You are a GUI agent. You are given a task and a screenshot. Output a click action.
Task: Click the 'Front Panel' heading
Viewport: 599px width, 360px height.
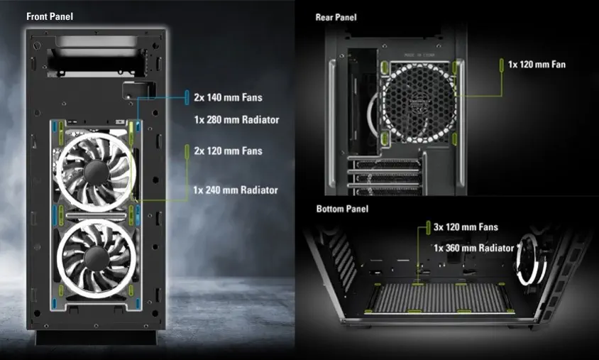(x=50, y=16)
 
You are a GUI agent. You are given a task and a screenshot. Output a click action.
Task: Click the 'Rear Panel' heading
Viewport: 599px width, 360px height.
(x=336, y=17)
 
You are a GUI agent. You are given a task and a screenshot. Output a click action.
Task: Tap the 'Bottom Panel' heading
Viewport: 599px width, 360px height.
(x=342, y=209)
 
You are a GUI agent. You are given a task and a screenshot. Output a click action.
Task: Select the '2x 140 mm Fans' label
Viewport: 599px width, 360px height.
(x=228, y=97)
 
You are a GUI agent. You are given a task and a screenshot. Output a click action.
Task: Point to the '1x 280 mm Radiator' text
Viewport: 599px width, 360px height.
(x=236, y=119)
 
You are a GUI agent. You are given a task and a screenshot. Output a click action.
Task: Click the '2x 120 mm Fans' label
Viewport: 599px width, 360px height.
(x=228, y=151)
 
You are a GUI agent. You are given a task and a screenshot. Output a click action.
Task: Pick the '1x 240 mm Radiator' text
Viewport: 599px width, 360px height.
(x=236, y=190)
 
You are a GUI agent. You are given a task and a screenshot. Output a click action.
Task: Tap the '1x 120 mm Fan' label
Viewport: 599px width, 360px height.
(x=537, y=64)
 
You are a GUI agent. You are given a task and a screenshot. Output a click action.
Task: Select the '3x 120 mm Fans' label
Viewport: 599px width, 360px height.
(x=466, y=227)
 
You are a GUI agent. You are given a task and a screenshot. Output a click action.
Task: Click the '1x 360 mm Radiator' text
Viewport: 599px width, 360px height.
(x=473, y=248)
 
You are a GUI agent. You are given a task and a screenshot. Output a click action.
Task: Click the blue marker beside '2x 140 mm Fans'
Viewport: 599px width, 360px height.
(x=187, y=97)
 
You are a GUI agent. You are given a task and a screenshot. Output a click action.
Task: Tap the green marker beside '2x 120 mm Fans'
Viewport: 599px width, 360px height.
(x=187, y=151)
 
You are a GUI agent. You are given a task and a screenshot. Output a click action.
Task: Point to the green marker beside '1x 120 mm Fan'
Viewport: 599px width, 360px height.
(x=502, y=65)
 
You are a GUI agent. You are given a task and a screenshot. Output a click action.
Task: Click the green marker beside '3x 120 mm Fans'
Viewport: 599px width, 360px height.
(x=428, y=227)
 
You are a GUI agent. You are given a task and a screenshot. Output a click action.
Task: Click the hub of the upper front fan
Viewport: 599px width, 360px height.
(x=96, y=172)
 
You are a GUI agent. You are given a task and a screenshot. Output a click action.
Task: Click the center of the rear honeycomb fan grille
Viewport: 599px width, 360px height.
(x=419, y=102)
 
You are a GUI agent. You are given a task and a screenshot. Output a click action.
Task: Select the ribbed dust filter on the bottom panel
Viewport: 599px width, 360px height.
(x=439, y=298)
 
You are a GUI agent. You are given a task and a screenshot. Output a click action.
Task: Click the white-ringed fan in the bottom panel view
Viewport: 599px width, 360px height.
(x=530, y=260)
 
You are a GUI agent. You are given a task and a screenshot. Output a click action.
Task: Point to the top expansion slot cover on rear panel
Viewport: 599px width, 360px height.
(x=387, y=165)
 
